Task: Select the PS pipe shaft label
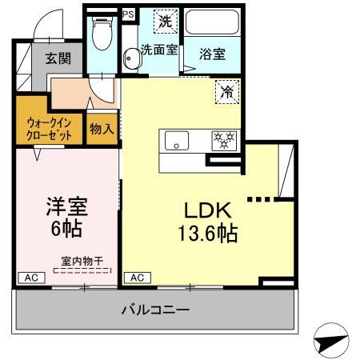(128, 14)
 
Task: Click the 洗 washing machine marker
(164, 22)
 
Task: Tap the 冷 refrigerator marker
(226, 92)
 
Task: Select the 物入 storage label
(102, 129)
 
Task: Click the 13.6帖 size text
(207, 235)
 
